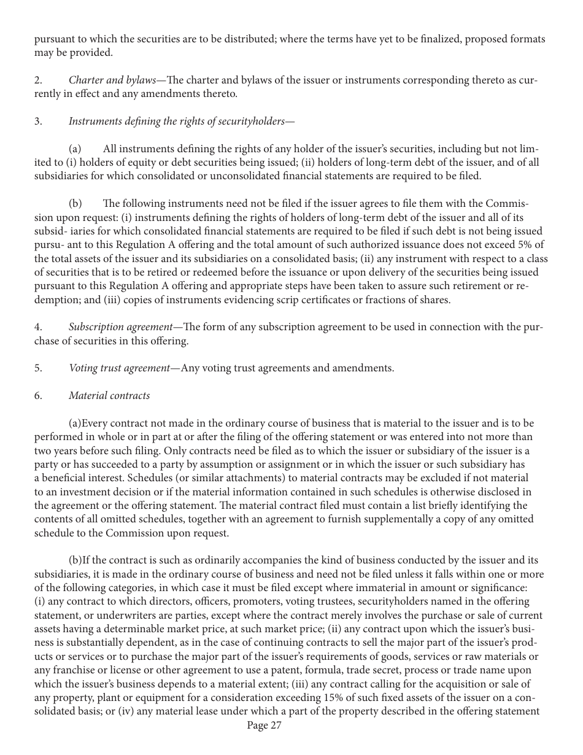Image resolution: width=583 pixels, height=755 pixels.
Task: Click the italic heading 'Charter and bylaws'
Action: [112, 80]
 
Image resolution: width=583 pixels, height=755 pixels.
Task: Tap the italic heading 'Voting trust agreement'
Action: [119, 368]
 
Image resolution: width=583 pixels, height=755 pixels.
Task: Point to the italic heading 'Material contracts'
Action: [109, 395]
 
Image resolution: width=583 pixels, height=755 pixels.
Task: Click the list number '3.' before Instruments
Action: [38, 121]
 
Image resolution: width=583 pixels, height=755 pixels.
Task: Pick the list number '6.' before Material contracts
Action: [38, 395]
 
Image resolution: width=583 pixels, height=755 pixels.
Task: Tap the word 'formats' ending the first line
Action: [527, 39]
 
